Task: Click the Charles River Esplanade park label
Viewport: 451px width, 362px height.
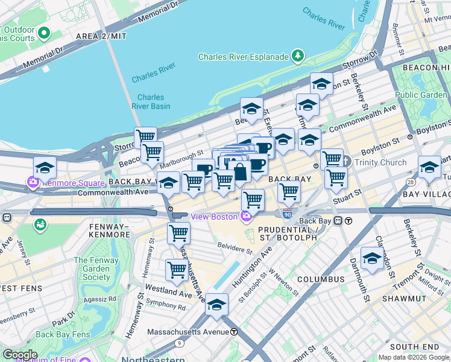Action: [x=244, y=57]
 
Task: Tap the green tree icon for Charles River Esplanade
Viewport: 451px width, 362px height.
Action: [x=297, y=57]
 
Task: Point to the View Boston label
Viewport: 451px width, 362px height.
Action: [x=215, y=217]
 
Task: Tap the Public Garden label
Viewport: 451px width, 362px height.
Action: [x=421, y=95]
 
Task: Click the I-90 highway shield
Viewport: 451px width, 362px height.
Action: [x=287, y=214]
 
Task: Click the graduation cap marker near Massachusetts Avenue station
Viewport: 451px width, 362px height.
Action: [x=216, y=306]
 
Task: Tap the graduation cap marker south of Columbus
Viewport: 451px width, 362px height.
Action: [x=372, y=259]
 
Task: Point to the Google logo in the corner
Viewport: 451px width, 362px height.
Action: [x=20, y=355]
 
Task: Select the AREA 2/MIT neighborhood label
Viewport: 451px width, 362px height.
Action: [x=102, y=37]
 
